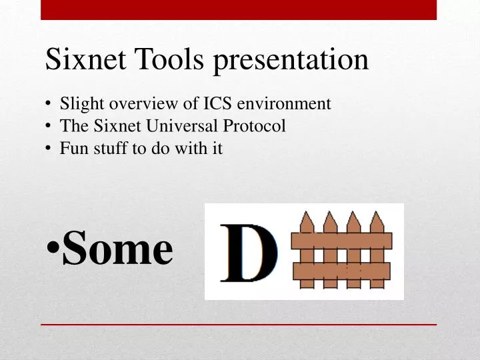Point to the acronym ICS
coord(216,104)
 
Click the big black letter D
coord(249,253)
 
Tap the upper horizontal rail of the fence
coord(342,241)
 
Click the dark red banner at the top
coord(239,9)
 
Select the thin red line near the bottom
coord(239,324)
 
